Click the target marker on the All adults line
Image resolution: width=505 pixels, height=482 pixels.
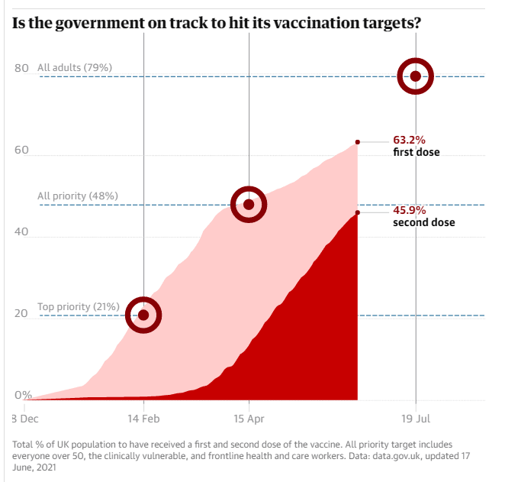coord(415,76)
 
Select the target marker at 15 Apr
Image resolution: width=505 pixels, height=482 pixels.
coord(248,204)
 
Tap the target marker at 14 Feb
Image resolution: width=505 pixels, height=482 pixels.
coord(143,315)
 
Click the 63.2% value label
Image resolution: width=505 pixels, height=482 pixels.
coord(409,140)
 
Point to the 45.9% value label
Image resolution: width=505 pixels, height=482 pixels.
coord(409,210)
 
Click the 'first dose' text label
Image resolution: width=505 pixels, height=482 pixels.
coord(416,152)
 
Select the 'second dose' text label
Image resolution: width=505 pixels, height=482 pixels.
coord(423,222)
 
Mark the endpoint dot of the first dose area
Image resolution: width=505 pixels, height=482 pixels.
coord(357,142)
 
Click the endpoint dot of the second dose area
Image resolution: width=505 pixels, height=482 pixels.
coord(357,212)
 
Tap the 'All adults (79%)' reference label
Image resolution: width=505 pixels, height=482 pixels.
coord(75,68)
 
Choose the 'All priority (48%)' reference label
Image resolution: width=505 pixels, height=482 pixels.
coord(78,196)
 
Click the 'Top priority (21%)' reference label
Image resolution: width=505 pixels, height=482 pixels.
coord(79,307)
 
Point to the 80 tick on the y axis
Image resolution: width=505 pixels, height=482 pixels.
coord(21,69)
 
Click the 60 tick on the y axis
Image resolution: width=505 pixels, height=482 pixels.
coord(21,150)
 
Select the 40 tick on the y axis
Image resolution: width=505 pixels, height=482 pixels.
coord(21,232)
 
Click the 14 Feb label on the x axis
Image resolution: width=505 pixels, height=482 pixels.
coord(143,419)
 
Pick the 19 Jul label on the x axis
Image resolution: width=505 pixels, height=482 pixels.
coord(415,419)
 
